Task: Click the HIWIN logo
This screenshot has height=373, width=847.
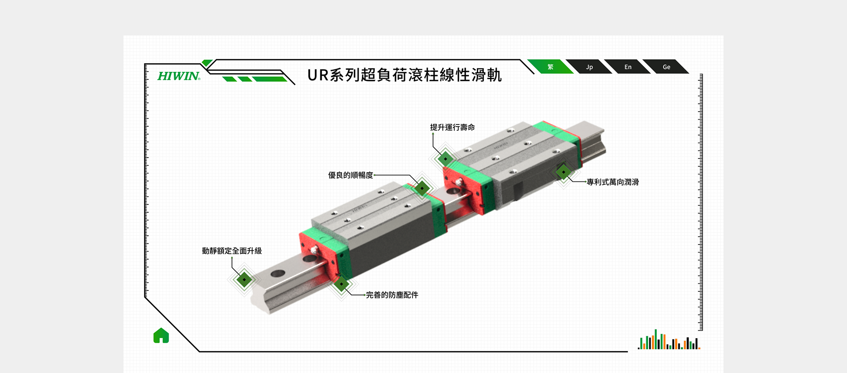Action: [x=179, y=76]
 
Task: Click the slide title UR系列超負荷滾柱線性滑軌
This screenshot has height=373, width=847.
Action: [x=405, y=75]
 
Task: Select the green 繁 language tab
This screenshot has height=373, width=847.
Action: [x=550, y=67]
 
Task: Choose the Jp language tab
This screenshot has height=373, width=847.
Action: [x=589, y=67]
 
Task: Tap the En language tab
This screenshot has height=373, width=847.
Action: [x=628, y=67]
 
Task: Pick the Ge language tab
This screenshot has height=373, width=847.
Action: [x=666, y=67]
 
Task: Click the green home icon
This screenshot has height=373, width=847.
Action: [x=161, y=335]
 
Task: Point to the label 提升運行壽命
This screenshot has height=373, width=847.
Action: [x=452, y=127]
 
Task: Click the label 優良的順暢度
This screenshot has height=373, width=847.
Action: [x=350, y=175]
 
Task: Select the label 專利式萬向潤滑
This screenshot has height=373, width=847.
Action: [x=613, y=182]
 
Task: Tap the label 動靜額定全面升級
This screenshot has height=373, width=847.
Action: [x=232, y=251]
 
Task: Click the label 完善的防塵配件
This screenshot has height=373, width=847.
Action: [x=392, y=295]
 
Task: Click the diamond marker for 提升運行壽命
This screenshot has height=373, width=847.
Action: [x=446, y=158]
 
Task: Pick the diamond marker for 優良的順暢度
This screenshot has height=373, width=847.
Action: [x=422, y=188]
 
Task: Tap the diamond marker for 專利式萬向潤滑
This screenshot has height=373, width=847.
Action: [x=563, y=172]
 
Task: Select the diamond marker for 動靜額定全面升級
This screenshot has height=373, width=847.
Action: [x=244, y=279]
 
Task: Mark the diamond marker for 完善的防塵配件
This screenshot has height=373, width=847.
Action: [x=341, y=283]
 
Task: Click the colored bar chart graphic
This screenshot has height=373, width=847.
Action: [x=669, y=339]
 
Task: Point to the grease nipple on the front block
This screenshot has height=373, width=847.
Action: [x=314, y=250]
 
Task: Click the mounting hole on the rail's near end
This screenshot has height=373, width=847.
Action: [x=277, y=274]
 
